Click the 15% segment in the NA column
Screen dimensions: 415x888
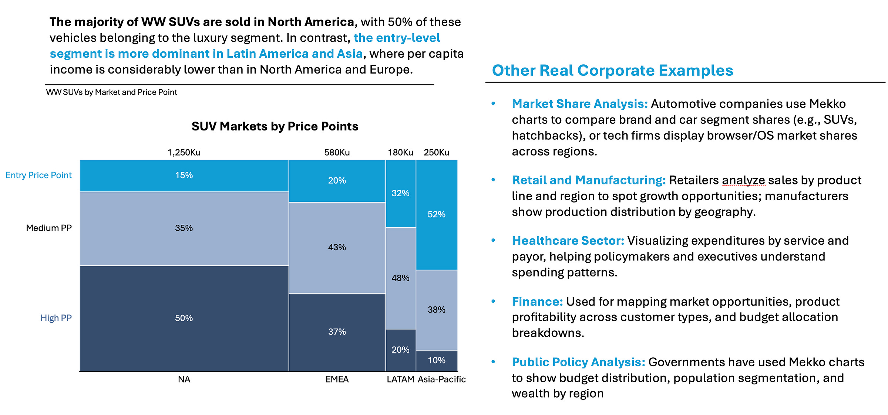click(184, 176)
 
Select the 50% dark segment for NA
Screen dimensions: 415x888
click(184, 318)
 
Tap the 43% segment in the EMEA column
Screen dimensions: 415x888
click(337, 247)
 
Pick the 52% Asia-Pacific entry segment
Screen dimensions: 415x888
click(436, 215)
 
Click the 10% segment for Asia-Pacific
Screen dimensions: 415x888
click(436, 360)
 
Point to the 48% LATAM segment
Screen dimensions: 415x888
click(400, 278)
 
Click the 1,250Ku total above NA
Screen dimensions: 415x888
click(184, 153)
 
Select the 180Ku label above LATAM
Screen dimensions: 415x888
click(400, 153)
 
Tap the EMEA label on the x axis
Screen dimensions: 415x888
click(337, 380)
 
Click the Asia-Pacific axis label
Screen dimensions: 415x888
click(441, 380)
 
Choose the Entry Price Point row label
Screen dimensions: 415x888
click(38, 175)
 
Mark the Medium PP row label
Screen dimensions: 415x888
click(49, 228)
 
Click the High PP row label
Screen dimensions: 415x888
click(56, 318)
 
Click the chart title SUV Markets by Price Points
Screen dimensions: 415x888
click(275, 126)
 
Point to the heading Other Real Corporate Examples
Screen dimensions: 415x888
click(612, 71)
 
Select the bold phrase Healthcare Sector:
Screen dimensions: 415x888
click(568, 241)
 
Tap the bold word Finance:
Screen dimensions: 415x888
click(537, 302)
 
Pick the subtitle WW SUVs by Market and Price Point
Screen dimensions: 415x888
click(111, 92)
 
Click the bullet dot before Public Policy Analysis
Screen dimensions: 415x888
click(493, 362)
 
